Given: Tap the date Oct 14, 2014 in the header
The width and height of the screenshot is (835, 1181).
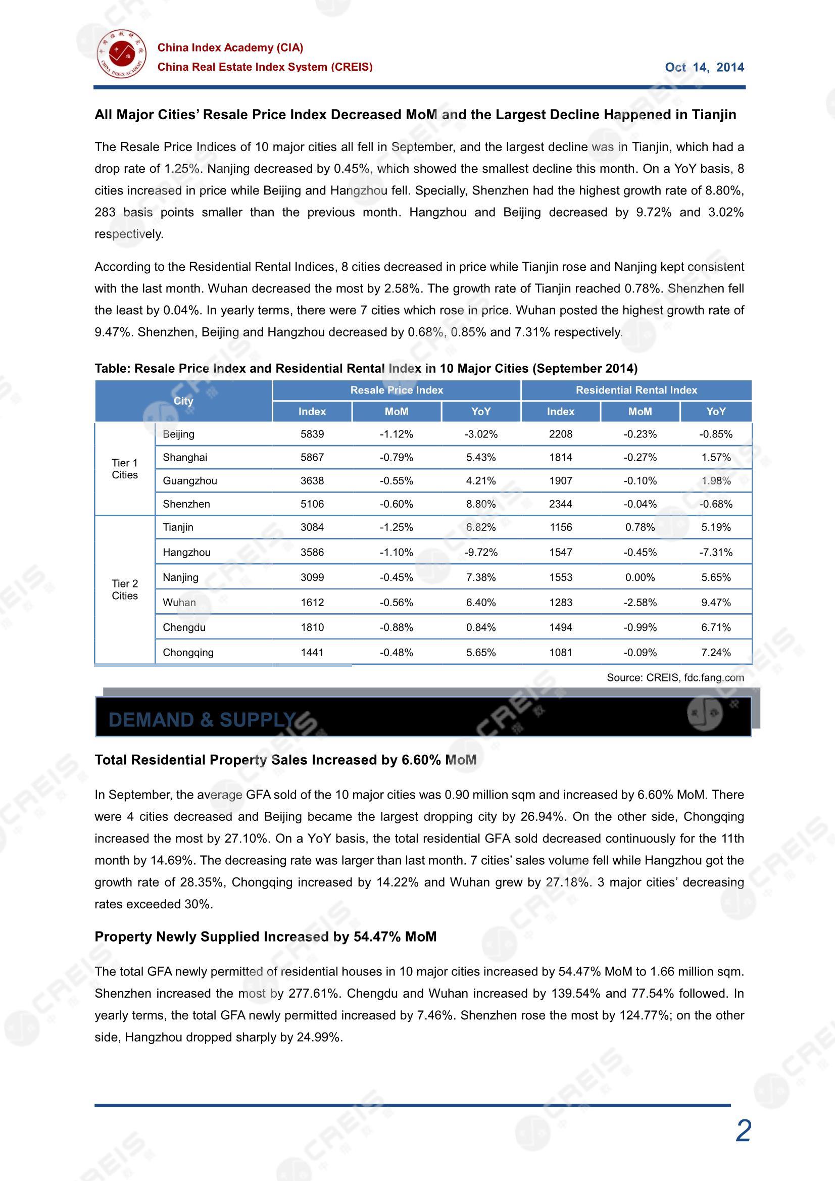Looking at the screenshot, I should (x=704, y=67).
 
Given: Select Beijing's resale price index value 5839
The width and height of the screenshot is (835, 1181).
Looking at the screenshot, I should (x=312, y=434).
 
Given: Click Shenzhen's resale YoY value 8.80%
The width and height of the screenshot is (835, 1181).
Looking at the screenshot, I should (x=480, y=504).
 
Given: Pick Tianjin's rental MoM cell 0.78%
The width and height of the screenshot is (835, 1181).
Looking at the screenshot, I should (x=640, y=527).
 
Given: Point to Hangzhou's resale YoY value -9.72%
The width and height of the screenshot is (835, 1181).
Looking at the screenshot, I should (x=480, y=553).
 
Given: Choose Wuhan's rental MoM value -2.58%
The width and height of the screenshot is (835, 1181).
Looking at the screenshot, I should (x=640, y=602).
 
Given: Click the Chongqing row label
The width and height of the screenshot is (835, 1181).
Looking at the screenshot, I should (x=188, y=653).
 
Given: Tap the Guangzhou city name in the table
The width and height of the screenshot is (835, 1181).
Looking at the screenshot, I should (x=190, y=481).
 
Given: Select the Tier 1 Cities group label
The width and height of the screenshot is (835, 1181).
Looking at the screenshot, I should (x=124, y=469).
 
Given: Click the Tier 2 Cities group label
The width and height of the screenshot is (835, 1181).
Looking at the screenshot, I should (x=124, y=589).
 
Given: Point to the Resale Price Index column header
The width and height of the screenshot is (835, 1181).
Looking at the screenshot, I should (x=396, y=390).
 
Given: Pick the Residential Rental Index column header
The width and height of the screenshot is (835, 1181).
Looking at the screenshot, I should (x=636, y=390).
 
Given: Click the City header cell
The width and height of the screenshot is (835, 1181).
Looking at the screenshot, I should (x=183, y=401).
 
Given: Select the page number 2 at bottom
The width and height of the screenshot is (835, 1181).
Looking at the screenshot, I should (x=743, y=1131).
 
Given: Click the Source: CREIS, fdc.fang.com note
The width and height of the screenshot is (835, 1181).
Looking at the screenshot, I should (x=675, y=677).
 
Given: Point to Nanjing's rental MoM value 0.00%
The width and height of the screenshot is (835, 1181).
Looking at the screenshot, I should (x=640, y=578).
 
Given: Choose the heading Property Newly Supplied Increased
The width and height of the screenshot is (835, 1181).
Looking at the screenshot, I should (x=265, y=937).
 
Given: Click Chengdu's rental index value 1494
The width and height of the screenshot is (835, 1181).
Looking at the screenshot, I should (x=560, y=627).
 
